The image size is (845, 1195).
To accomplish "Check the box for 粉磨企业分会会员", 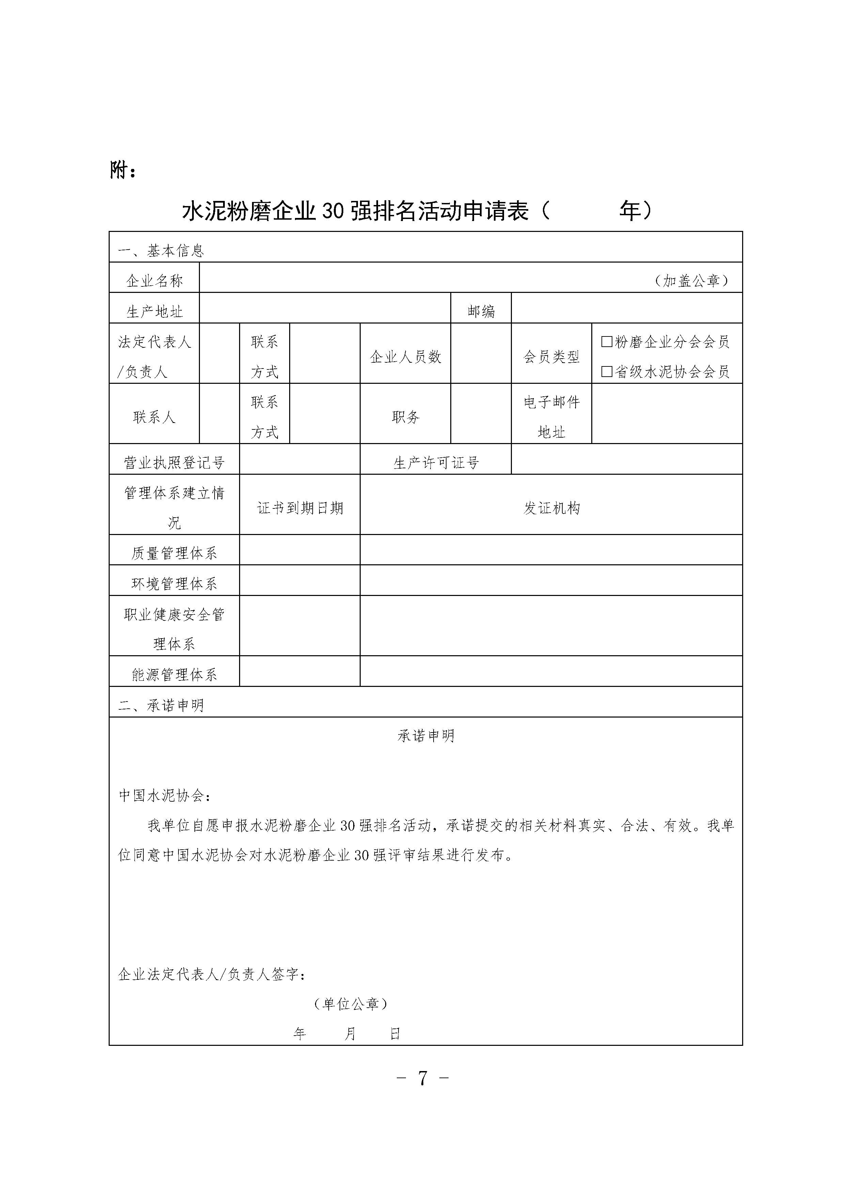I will click(x=607, y=342).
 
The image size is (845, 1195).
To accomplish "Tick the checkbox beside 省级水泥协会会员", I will click(x=607, y=372).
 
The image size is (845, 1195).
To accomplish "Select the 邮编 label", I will click(x=481, y=311).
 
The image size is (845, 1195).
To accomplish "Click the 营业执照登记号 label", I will click(x=174, y=462).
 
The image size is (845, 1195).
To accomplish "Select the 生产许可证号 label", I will click(x=436, y=462).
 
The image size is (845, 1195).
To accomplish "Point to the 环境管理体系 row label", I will click(x=174, y=583).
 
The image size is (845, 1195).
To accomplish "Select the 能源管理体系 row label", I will click(x=174, y=675).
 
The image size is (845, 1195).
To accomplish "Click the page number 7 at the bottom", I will click(x=423, y=1078).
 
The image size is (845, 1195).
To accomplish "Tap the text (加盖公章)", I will click(x=691, y=281).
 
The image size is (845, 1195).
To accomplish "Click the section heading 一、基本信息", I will click(x=161, y=251).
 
